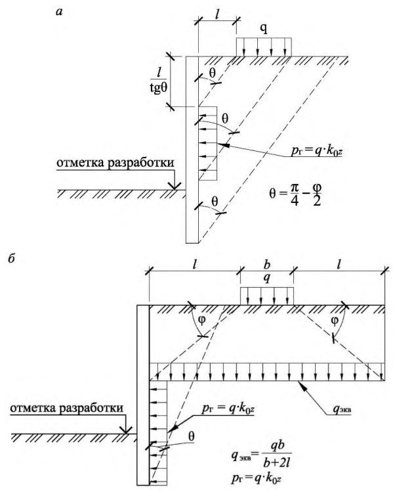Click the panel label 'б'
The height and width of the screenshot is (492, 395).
(x=12, y=259)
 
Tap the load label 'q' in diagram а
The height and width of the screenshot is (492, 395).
(x=264, y=30)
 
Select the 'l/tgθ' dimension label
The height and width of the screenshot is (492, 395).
(x=159, y=81)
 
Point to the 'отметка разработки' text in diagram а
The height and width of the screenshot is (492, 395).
(x=115, y=163)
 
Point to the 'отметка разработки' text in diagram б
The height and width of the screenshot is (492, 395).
(x=66, y=408)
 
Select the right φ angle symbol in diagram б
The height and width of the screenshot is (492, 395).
(x=335, y=320)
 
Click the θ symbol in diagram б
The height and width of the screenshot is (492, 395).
(x=192, y=436)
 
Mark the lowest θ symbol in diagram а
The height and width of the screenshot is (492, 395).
(x=215, y=202)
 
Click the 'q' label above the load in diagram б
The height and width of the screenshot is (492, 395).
(x=267, y=278)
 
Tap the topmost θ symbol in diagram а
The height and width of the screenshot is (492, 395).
(x=213, y=73)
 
